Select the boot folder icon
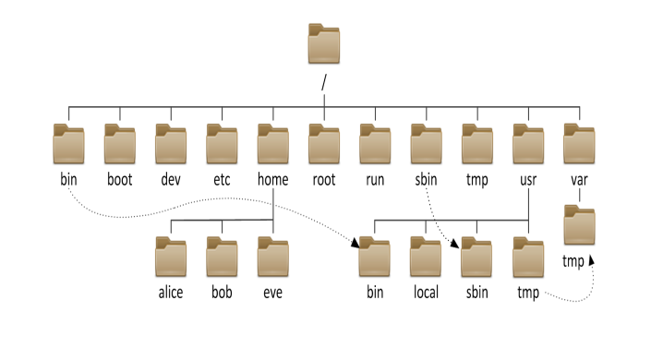[119, 144]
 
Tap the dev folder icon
[170, 144]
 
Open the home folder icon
[272, 144]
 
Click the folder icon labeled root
[323, 144]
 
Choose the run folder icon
[375, 144]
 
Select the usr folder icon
[527, 144]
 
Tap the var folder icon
[579, 144]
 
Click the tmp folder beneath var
[579, 227]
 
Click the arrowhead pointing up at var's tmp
[590, 261]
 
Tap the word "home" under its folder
[272, 179]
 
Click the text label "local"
[426, 293]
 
